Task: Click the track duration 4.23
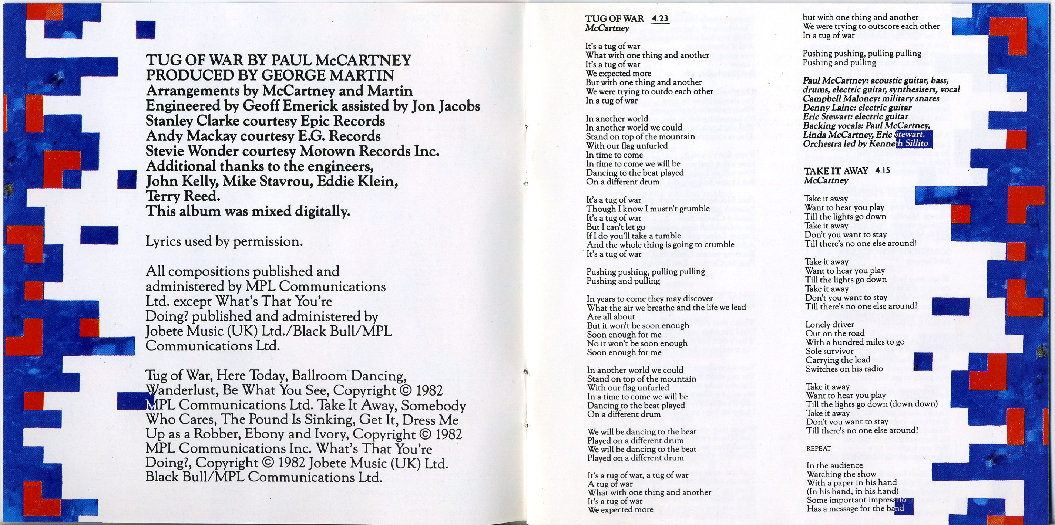click(659, 19)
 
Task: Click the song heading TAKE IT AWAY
click(836, 171)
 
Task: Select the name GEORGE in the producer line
click(292, 75)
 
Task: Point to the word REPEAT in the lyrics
click(819, 448)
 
